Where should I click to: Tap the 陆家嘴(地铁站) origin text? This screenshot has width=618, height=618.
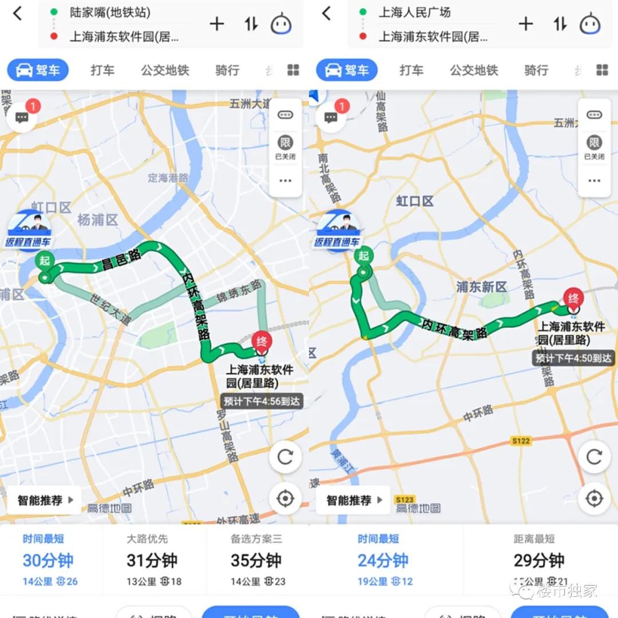(110, 12)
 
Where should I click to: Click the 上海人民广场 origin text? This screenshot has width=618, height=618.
(414, 12)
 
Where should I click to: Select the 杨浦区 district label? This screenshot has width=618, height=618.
(97, 220)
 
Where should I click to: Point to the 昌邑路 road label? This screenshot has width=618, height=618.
(121, 263)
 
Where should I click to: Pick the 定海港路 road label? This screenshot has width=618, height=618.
(168, 177)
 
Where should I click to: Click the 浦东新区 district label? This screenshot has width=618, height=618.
(481, 287)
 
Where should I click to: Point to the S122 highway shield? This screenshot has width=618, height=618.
(521, 441)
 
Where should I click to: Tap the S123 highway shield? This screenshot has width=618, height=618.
(404, 500)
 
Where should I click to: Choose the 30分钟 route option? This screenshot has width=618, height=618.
(48, 560)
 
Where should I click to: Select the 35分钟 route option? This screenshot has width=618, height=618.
(256, 560)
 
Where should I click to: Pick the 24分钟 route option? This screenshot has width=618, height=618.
(383, 560)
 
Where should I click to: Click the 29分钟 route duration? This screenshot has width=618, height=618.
(539, 560)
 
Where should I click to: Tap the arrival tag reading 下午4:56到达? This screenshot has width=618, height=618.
(262, 401)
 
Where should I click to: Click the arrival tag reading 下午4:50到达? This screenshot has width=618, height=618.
(573, 358)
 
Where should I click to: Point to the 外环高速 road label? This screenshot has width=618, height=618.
(239, 519)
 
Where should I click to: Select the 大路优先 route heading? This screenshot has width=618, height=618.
(147, 538)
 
